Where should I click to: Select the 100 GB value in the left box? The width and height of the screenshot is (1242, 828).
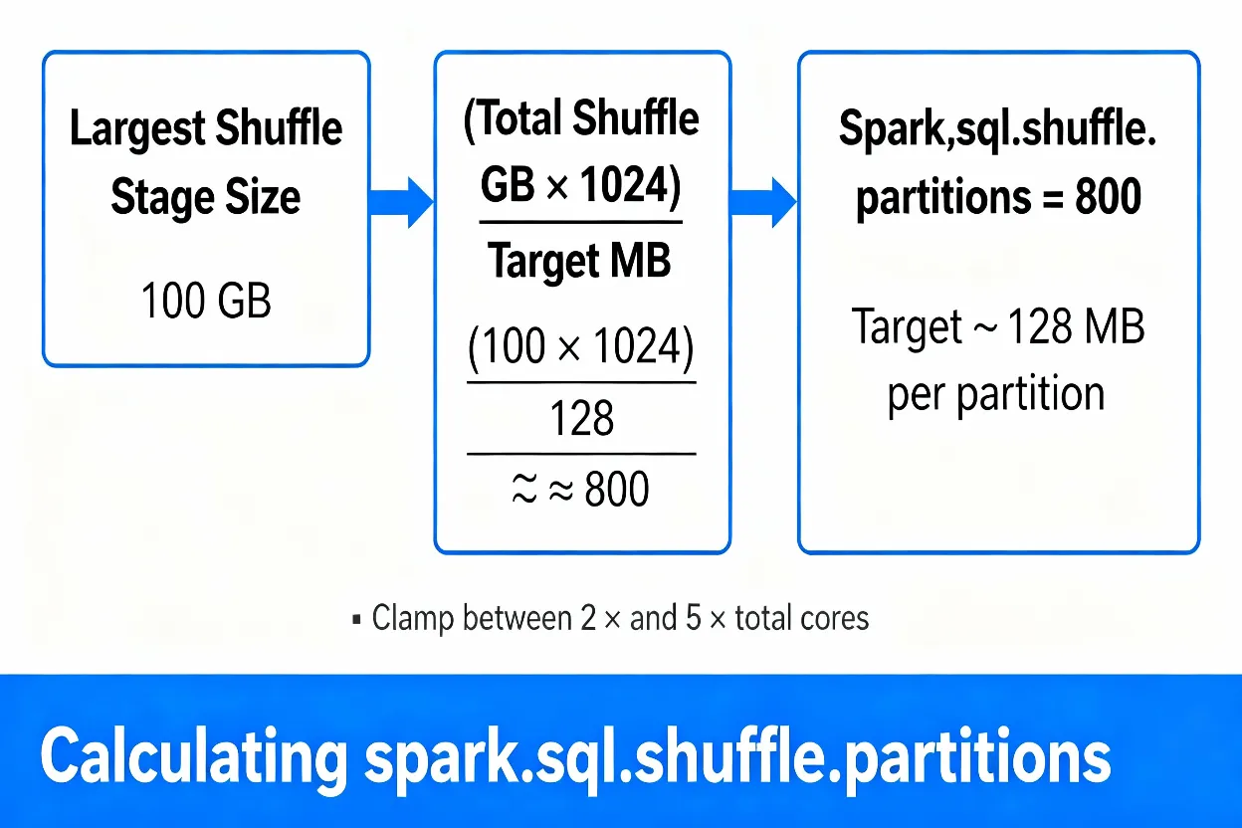(206, 300)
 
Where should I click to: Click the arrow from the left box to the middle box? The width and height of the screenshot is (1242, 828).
(400, 202)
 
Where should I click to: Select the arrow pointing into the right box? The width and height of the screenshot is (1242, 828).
(763, 202)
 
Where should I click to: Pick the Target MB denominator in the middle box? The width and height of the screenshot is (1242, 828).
(579, 262)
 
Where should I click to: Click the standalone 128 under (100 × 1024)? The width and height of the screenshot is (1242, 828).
(582, 419)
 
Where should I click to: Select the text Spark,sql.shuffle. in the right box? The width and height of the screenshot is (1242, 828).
(997, 130)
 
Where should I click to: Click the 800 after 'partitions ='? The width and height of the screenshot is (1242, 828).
(1109, 198)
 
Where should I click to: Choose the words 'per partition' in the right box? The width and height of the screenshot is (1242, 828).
(995, 394)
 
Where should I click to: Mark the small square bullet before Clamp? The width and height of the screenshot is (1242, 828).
(356, 620)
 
